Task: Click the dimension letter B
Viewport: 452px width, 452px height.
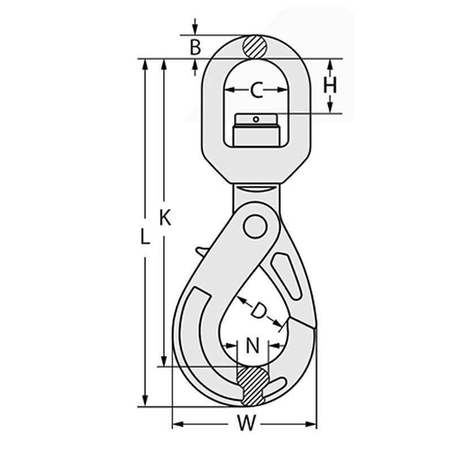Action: pos(195,47)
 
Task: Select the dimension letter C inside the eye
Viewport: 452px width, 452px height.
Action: pos(257,90)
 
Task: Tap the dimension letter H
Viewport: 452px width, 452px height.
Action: pos(331,85)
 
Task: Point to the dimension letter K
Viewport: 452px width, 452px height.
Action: pos(164,217)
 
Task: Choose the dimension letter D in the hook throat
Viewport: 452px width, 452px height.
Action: pos(259,310)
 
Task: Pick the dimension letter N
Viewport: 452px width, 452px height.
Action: pos(253,345)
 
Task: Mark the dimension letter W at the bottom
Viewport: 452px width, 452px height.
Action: pos(245,423)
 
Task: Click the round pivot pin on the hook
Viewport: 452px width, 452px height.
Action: pos(255,228)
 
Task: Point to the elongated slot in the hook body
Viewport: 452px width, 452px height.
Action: pos(286,273)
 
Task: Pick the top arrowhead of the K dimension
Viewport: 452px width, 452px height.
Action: pos(164,64)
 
